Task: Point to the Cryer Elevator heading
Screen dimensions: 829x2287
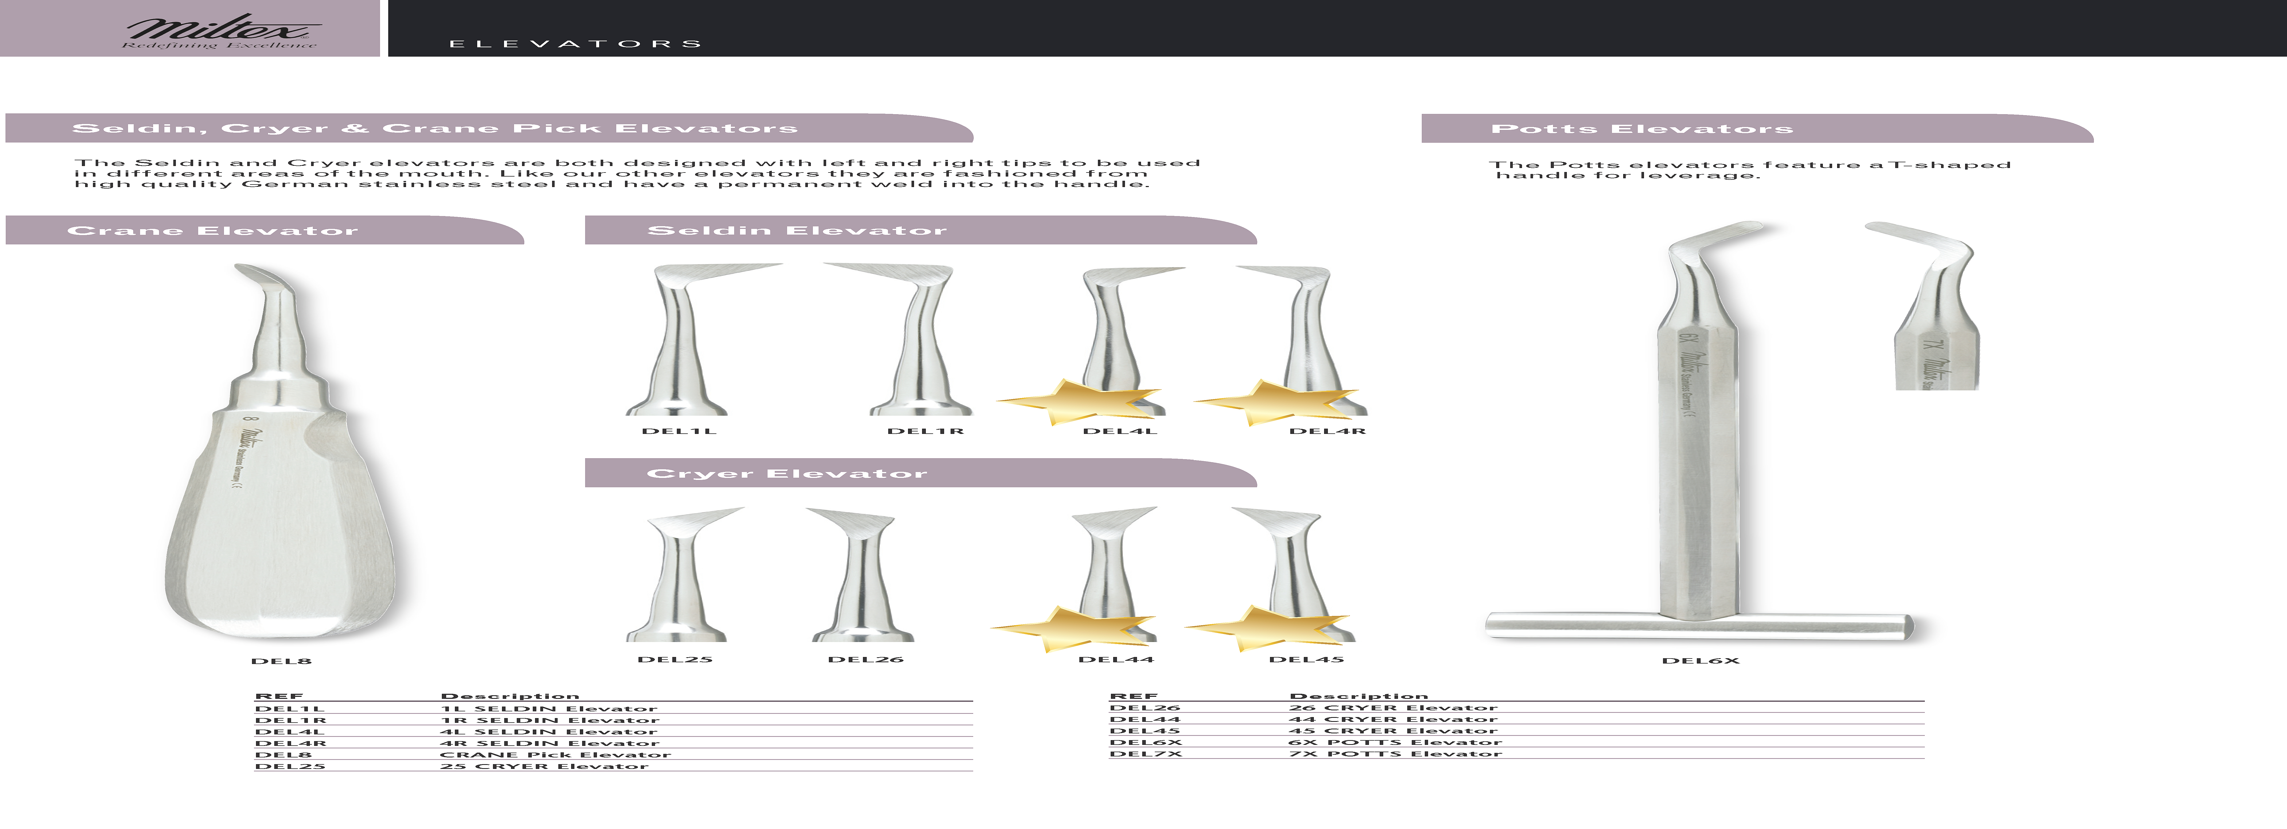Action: tap(787, 473)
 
